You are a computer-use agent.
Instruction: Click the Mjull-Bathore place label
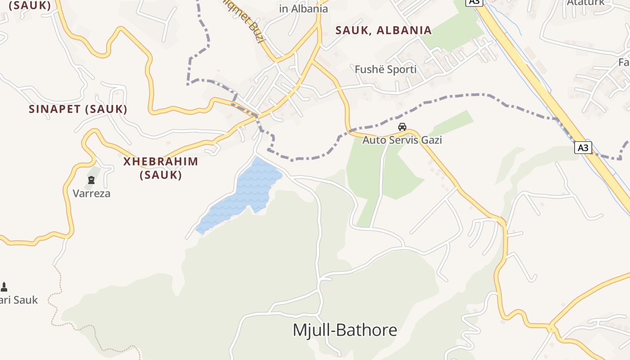click(345, 330)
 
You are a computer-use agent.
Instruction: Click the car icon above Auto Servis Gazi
click(402, 127)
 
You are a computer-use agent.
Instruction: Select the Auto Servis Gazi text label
click(402, 140)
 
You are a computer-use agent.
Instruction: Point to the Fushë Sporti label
click(386, 69)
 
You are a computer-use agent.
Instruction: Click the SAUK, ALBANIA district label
click(384, 31)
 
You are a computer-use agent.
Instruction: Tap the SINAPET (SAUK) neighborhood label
click(78, 109)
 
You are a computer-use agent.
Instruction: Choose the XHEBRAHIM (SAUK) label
click(161, 168)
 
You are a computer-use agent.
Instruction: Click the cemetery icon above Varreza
click(91, 180)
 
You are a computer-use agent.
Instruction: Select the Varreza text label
click(91, 193)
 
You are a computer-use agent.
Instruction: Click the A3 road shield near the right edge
click(583, 148)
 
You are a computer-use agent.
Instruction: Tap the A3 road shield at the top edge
click(474, 2)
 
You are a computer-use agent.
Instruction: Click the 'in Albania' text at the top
click(303, 9)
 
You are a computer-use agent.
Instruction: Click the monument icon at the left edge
click(4, 287)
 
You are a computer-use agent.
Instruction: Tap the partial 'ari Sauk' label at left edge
click(19, 300)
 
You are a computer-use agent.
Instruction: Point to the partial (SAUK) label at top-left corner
click(30, 5)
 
